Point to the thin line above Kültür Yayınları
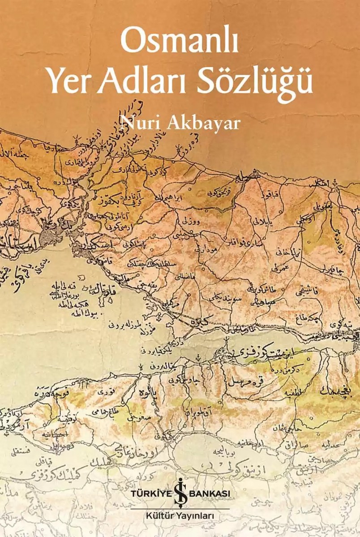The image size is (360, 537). click(x=180, y=508)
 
